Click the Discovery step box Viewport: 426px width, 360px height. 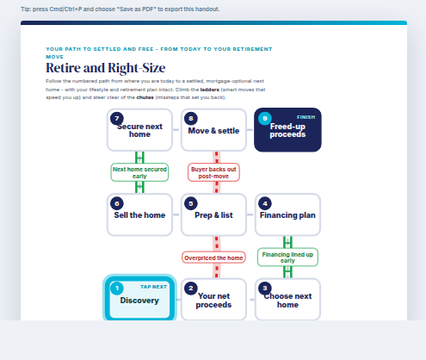coord(139,299)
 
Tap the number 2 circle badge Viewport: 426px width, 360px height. coord(191,289)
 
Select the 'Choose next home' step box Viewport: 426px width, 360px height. coord(287,299)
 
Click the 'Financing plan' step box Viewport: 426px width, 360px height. coord(287,214)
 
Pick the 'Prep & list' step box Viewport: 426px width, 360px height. coord(213,214)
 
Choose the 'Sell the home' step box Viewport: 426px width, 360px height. coord(139,214)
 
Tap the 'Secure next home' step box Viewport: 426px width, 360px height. coord(139,130)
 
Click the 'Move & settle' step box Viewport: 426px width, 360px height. coord(213,130)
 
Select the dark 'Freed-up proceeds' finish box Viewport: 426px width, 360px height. coord(287,130)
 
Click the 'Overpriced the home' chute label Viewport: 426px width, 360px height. coord(213,258)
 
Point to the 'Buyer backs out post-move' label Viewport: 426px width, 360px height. coord(213,172)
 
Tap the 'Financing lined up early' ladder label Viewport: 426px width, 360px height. coord(287,258)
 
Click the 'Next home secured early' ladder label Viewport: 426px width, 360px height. coord(139,172)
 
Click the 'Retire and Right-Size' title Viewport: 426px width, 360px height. coord(106,68)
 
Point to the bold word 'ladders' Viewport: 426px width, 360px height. coord(210,90)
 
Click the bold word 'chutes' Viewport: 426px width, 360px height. coord(145,97)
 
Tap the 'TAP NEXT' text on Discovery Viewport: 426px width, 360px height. coord(153,287)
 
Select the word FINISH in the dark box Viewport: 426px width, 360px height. coord(306,117)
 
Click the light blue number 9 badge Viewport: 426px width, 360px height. coord(265,118)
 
